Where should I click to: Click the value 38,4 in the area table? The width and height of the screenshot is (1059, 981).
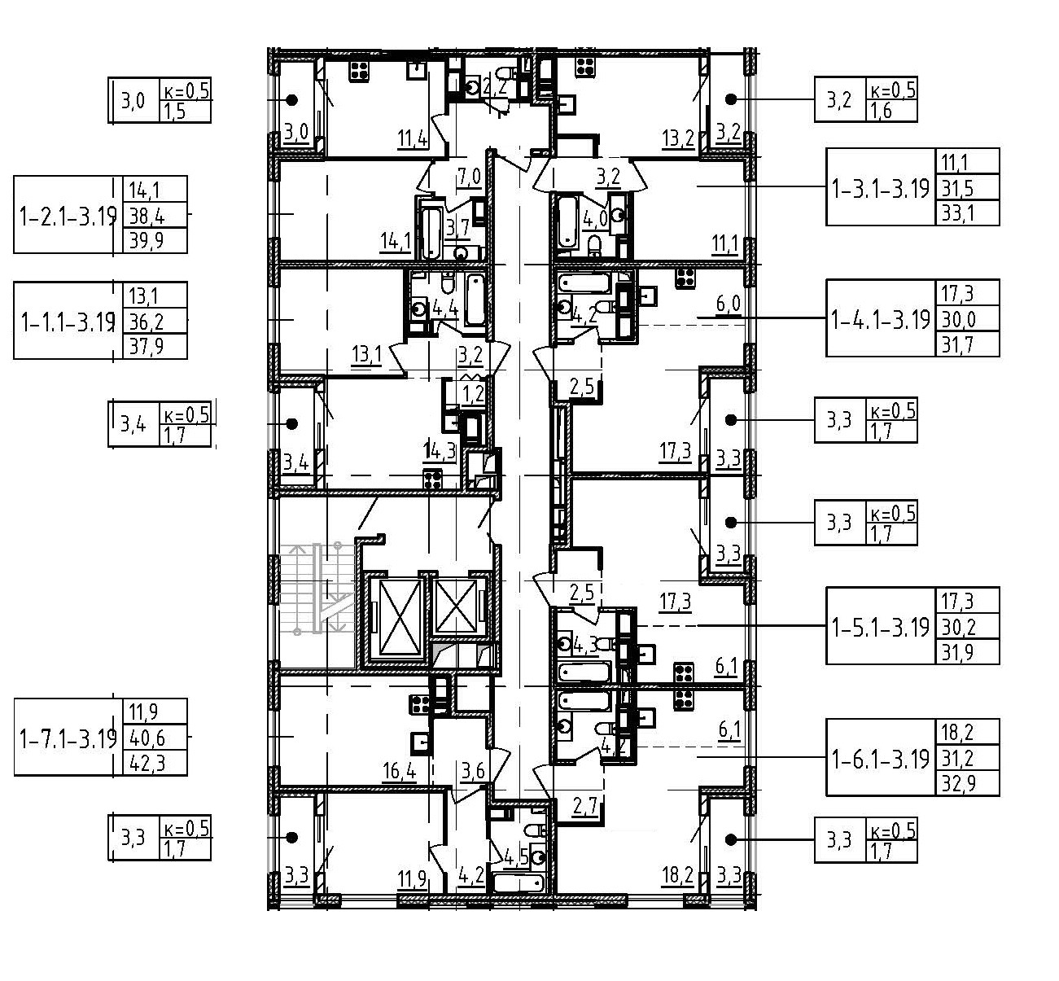[x=145, y=216]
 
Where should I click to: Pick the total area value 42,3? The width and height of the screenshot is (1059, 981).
[x=145, y=764]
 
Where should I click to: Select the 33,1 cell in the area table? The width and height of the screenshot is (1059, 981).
[x=957, y=213]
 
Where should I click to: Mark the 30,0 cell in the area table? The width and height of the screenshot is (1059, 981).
[x=957, y=319]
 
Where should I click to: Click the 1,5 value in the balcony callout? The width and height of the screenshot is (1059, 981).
[x=175, y=111]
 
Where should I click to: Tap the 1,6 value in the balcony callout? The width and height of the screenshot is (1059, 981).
[x=881, y=111]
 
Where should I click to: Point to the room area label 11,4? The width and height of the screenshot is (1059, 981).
[x=413, y=139]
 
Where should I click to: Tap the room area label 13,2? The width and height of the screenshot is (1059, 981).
[x=677, y=138]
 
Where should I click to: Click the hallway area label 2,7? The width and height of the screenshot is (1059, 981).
[x=585, y=807]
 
